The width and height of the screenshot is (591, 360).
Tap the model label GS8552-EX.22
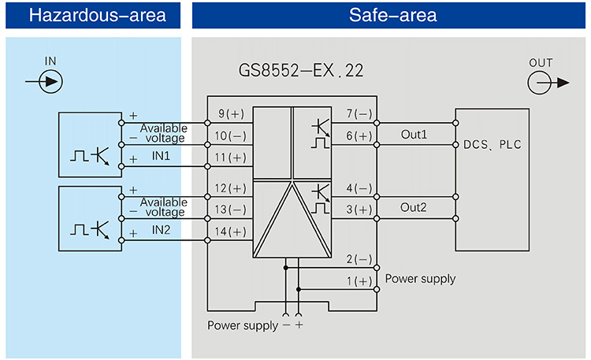pos(301,71)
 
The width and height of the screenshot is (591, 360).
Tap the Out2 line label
pos(414,209)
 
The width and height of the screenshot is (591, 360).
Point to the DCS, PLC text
pos(492,145)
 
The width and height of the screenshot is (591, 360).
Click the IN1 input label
pos(162,157)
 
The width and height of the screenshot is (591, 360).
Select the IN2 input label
pos(162,230)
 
